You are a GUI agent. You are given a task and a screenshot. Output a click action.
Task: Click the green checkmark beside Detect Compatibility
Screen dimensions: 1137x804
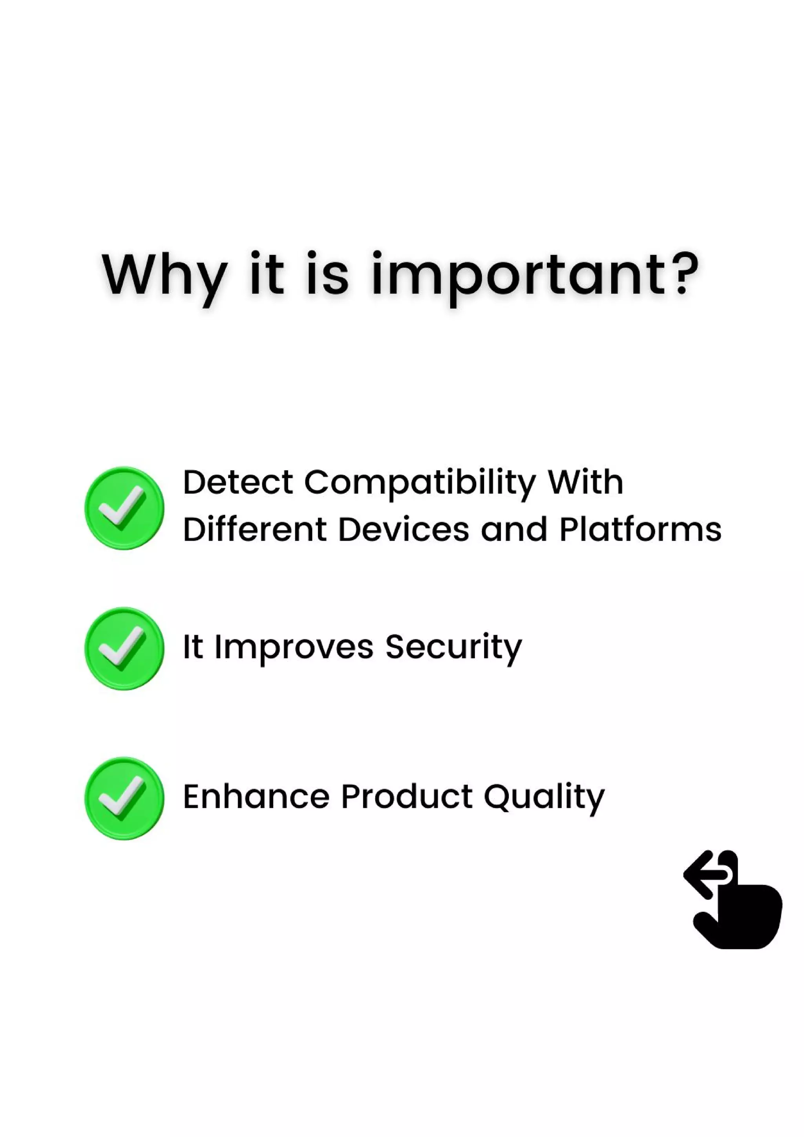click(124, 508)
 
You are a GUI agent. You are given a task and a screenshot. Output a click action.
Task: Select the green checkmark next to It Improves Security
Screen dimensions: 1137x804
click(124, 648)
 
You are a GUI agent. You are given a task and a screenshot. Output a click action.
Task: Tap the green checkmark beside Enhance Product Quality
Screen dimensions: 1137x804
click(124, 798)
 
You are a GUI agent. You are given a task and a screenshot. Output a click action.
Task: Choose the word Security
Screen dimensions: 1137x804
click(453, 648)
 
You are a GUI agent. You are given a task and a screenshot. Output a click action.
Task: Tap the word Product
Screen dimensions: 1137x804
click(407, 797)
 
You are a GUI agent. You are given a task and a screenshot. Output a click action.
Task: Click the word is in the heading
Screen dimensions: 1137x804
click(327, 275)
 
